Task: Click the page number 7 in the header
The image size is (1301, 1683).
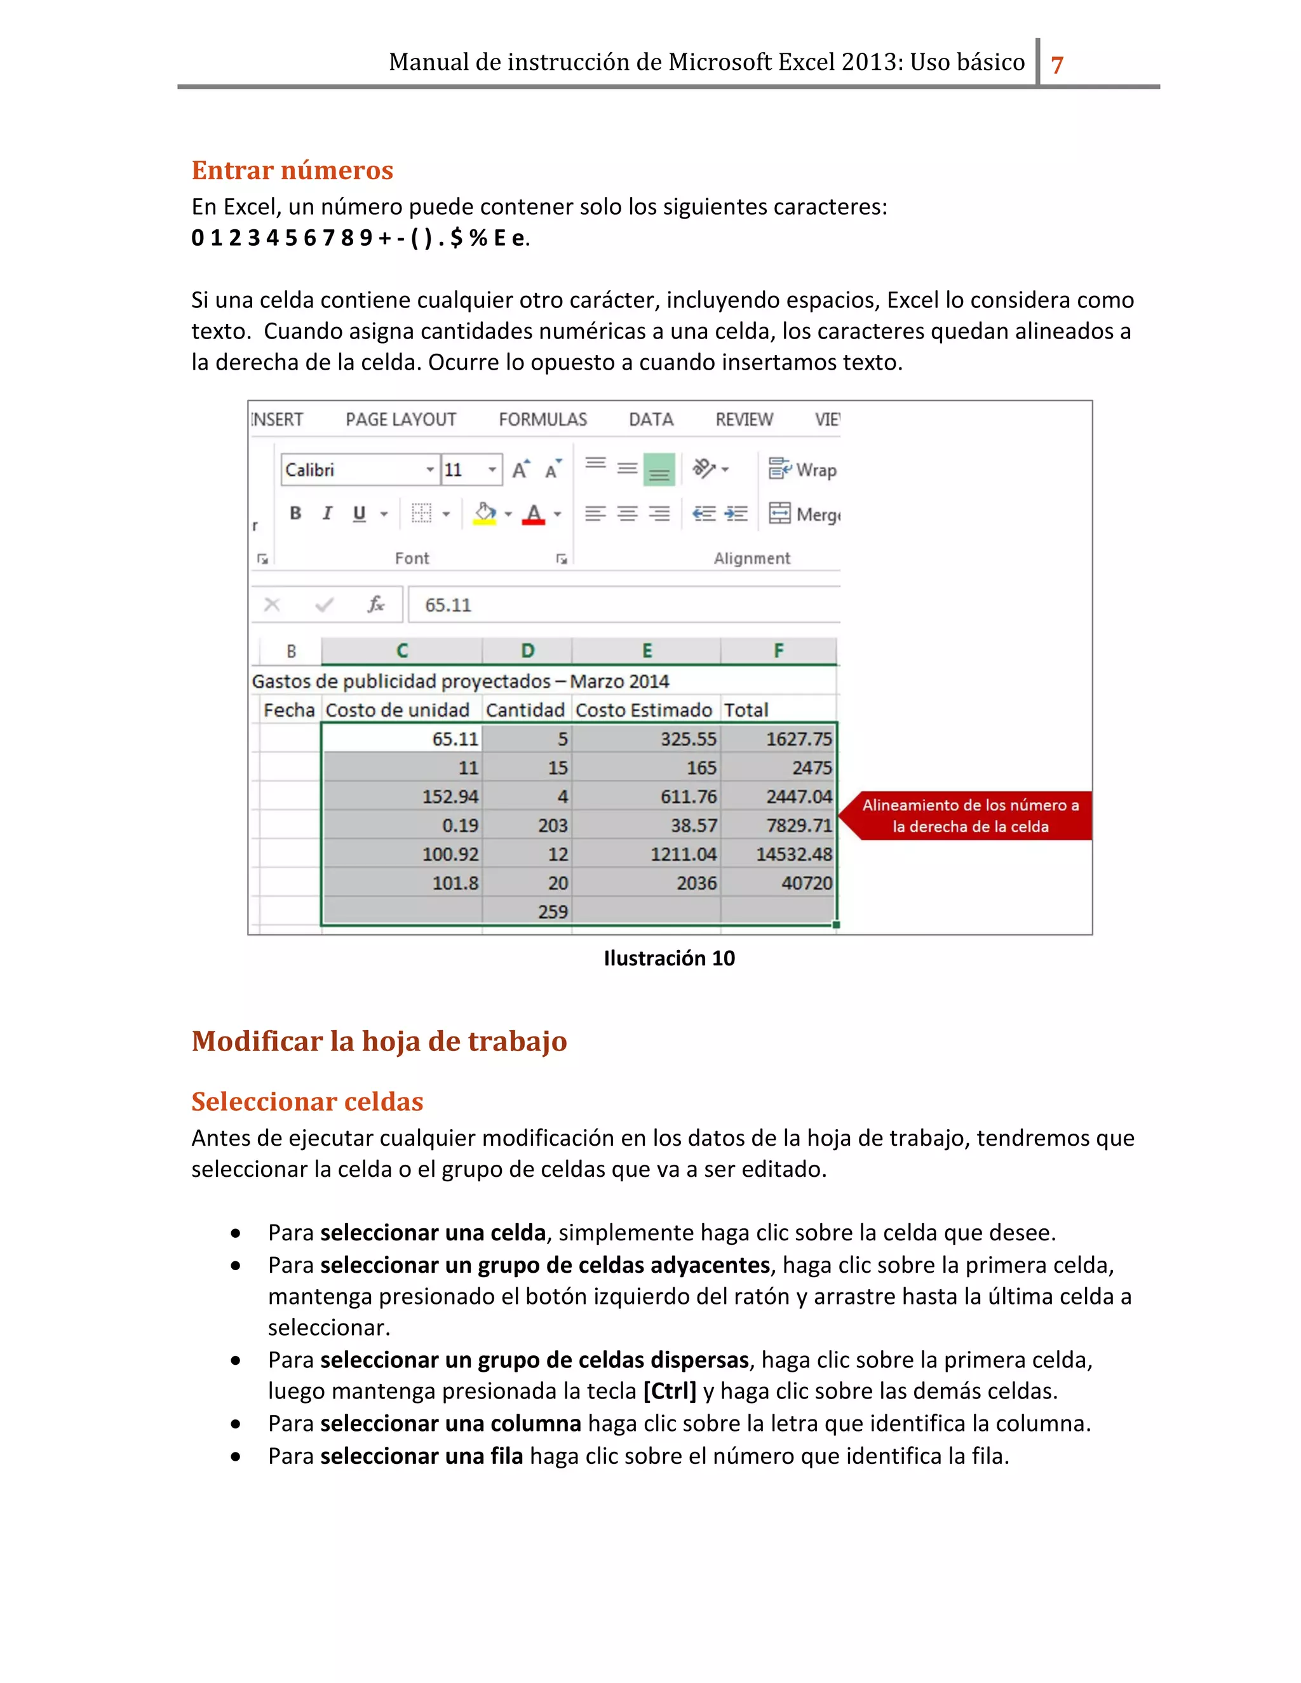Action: tap(1058, 64)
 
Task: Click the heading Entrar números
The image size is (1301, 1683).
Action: tap(292, 170)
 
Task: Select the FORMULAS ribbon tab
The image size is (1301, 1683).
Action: tap(543, 420)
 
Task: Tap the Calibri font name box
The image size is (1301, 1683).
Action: tap(353, 470)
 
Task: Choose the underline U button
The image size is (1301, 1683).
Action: tap(359, 513)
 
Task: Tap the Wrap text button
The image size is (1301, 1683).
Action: tap(803, 470)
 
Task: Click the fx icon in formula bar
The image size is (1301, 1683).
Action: tap(375, 605)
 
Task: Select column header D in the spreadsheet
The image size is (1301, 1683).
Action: tap(527, 651)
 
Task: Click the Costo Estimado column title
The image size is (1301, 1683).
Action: tap(644, 711)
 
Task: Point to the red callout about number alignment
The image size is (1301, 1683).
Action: tap(969, 816)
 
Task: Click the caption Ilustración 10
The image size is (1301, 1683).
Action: tap(669, 958)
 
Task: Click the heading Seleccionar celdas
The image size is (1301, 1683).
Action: tap(307, 1102)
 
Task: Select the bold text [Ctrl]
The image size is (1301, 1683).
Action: tap(670, 1391)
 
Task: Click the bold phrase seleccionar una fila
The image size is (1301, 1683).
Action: tap(422, 1456)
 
